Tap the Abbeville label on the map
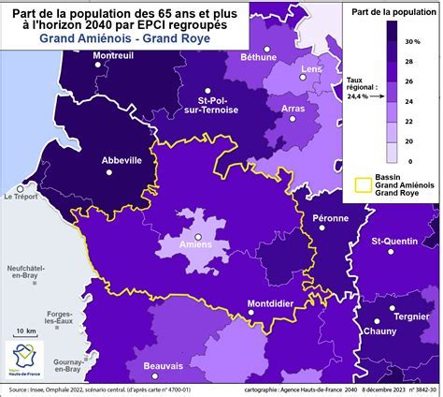pos(121,160)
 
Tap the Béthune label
pos(259,56)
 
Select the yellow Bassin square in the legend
pos(362,183)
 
